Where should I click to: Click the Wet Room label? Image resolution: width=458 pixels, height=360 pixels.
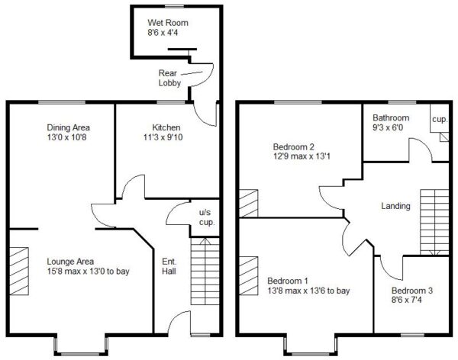(168, 23)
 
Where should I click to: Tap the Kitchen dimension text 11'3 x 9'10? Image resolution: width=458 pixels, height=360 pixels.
(163, 137)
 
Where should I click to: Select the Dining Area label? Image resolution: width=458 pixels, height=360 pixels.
(69, 127)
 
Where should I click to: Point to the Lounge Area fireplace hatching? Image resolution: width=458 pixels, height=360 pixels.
(19, 272)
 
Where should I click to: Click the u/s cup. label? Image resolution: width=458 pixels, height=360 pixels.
(207, 217)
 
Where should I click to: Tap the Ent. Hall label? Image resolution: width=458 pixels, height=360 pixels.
(169, 266)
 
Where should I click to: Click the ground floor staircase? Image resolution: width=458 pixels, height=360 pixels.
(205, 272)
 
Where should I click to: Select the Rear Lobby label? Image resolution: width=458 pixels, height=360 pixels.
(169, 78)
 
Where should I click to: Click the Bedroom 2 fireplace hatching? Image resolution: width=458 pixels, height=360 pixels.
(249, 204)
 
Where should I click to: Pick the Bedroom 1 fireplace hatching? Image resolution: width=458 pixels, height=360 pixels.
(249, 275)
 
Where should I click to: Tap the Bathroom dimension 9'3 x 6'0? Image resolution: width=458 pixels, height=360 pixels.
(388, 127)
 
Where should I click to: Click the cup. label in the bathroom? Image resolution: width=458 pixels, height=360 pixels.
(440, 120)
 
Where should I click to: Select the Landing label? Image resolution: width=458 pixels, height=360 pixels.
(395, 206)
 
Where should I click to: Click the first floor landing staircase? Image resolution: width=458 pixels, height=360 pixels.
(434, 222)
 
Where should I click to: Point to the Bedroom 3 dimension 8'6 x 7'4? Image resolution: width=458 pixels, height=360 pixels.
(407, 300)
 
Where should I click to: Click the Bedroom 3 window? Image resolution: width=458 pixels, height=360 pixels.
(412, 335)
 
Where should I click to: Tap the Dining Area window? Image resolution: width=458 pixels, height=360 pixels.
(62, 102)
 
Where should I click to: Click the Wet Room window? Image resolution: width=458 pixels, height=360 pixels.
(176, 6)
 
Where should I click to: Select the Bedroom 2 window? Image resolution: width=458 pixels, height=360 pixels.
(298, 102)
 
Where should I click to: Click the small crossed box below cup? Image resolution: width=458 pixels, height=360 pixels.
(444, 137)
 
